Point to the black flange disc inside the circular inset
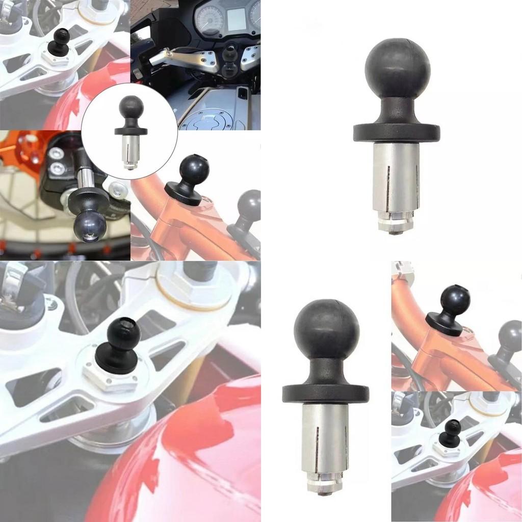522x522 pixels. pos(131,131)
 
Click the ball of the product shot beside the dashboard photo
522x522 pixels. pos(398,68)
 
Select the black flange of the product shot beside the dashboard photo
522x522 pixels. pos(397,133)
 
